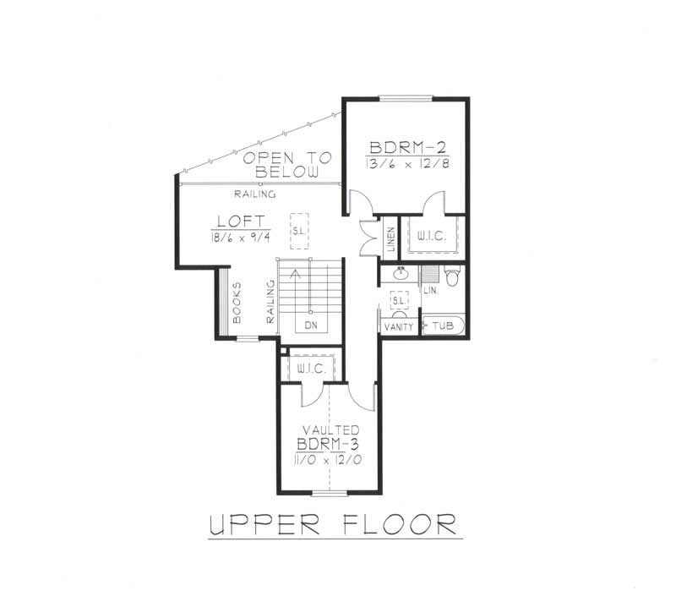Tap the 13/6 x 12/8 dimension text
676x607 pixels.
(406, 161)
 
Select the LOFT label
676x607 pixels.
(234, 223)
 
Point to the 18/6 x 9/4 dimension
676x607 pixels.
(234, 239)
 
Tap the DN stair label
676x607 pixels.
(311, 325)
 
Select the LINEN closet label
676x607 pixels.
(390, 239)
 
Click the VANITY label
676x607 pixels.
(398, 325)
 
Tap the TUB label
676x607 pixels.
(443, 325)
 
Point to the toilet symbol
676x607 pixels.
(451, 276)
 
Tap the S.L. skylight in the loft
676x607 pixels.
(298, 230)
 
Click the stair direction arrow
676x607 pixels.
(294, 273)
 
